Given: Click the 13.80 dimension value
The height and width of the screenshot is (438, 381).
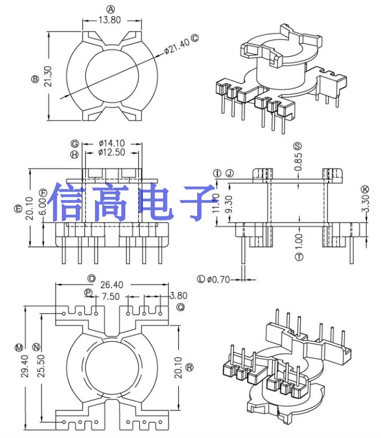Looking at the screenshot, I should [110, 19].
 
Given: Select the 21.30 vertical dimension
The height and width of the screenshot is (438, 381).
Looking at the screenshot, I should [48, 77].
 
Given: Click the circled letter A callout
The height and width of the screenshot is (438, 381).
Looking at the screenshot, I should [111, 9].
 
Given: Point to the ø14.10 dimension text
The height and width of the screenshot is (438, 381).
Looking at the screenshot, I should [111, 143].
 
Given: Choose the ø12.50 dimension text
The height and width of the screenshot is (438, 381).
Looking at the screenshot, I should [111, 152].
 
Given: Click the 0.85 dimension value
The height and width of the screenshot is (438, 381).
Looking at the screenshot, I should [298, 162].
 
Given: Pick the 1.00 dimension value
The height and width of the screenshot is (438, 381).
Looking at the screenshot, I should [298, 241].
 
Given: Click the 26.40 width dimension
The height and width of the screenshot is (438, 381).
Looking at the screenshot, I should [111, 285].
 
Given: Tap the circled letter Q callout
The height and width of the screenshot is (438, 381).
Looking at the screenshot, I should [180, 307].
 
